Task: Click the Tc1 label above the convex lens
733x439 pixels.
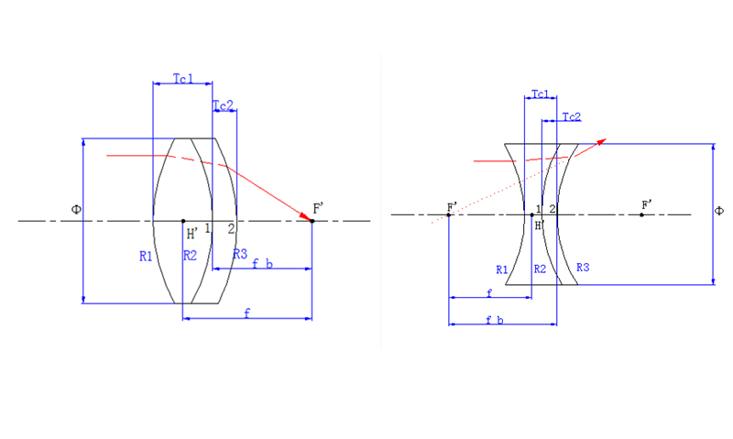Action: (182, 79)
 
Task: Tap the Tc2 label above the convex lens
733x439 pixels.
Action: (223, 104)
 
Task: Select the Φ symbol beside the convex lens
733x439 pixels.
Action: (77, 210)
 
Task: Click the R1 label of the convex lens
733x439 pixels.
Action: (146, 257)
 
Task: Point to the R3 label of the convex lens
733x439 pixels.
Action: (239, 253)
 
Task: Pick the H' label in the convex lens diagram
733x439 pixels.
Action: (192, 234)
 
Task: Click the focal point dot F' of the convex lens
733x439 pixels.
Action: (312, 221)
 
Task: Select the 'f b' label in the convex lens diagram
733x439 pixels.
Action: (263, 263)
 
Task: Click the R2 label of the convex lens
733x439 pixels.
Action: (190, 256)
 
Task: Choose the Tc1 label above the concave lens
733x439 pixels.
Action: (540, 94)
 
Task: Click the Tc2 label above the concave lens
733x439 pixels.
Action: (572, 116)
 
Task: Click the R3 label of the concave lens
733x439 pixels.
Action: (583, 268)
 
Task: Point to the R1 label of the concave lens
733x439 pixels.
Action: (501, 269)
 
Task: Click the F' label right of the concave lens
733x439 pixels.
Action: (647, 203)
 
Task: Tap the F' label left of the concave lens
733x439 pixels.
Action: (451, 205)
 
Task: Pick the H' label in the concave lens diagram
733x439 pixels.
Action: (540, 225)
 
